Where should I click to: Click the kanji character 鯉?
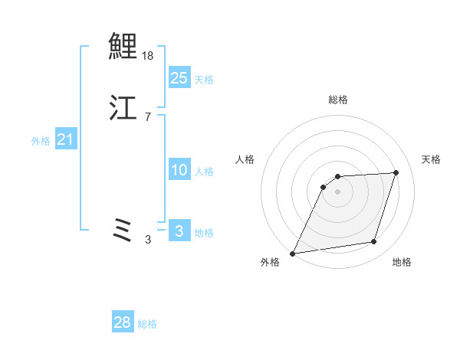coord(123,45)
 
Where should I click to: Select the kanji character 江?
coord(123,108)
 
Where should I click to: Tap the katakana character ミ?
coord(123,230)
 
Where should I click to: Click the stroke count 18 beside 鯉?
coord(149,56)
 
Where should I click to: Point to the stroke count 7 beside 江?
coord(148,117)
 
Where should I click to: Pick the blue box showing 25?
coord(179,78)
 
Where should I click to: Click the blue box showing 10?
coord(179,171)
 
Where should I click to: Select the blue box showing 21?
coord(66,139)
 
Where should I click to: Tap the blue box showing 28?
coord(122,323)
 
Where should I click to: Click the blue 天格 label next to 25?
coord(204,80)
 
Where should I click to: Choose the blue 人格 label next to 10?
coord(204,172)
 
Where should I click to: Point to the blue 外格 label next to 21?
coord(41,141)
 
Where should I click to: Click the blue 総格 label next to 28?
coord(147,324)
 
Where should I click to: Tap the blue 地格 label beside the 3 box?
coord(204,233)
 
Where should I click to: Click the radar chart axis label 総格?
coord(338,100)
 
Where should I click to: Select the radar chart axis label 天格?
coord(431,159)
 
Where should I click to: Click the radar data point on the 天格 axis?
coord(396,172)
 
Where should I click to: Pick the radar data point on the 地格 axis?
coord(374,242)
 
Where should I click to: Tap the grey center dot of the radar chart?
coord(338,191)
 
